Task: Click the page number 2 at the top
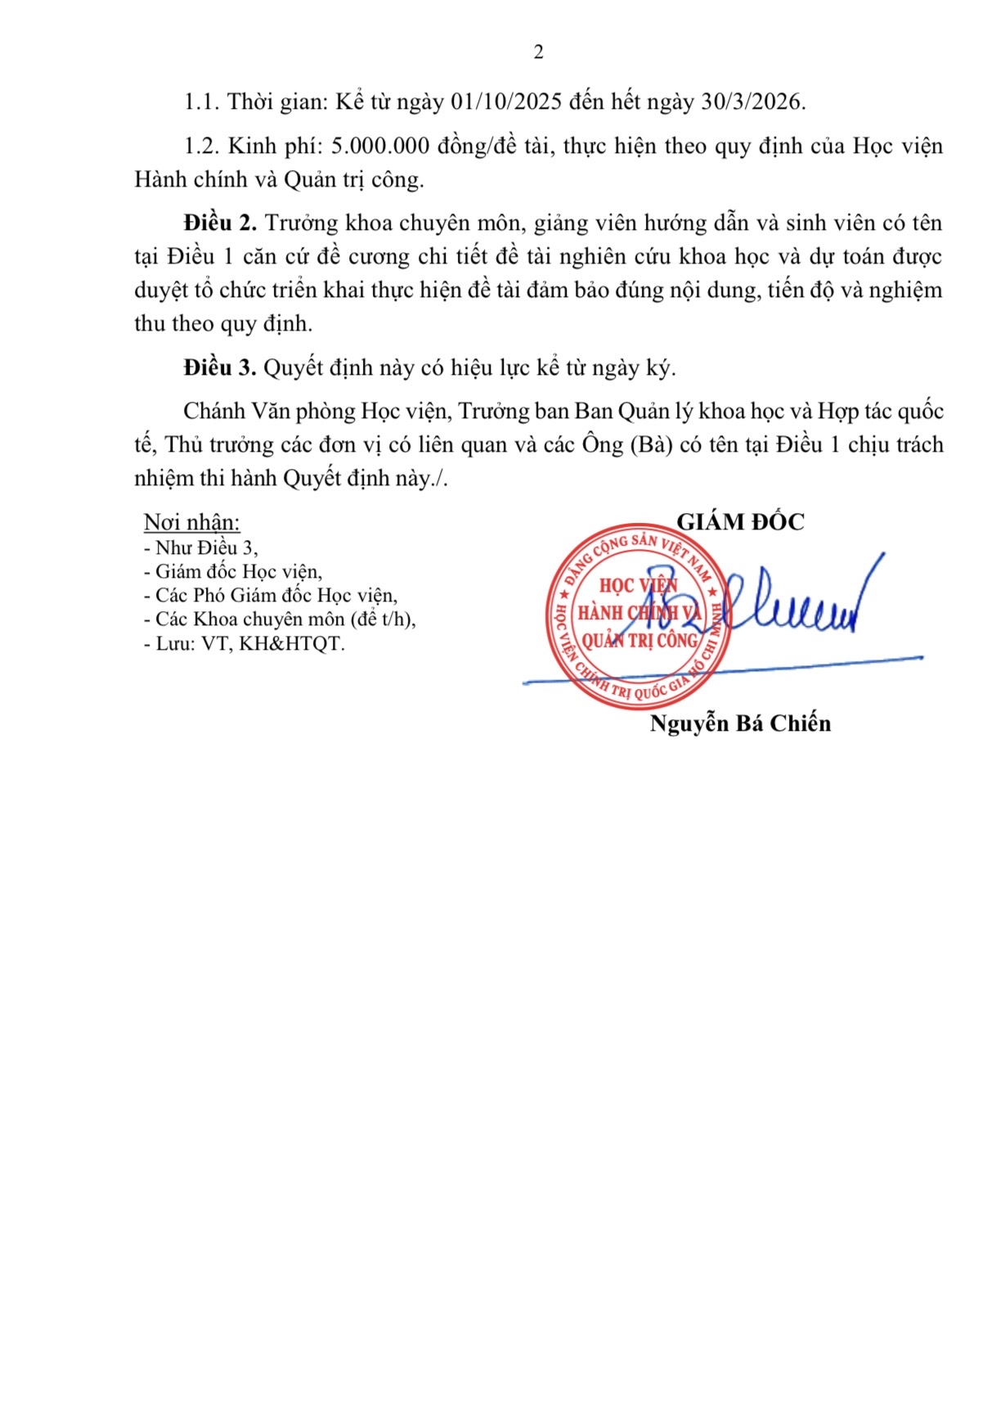click(538, 52)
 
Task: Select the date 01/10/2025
click(506, 101)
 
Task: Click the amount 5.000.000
click(380, 146)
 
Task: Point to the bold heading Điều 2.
click(220, 223)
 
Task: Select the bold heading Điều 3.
click(220, 368)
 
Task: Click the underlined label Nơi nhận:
click(192, 522)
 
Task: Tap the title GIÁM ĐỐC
click(740, 522)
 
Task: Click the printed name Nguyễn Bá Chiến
click(740, 723)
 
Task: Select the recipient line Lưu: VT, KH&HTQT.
click(245, 644)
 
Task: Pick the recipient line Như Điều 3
click(201, 548)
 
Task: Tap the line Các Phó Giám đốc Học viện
click(271, 596)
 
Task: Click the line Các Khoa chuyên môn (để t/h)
click(280, 619)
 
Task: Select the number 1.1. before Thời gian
click(201, 101)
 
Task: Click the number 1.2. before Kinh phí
click(201, 146)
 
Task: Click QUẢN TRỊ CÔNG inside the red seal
click(639, 641)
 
